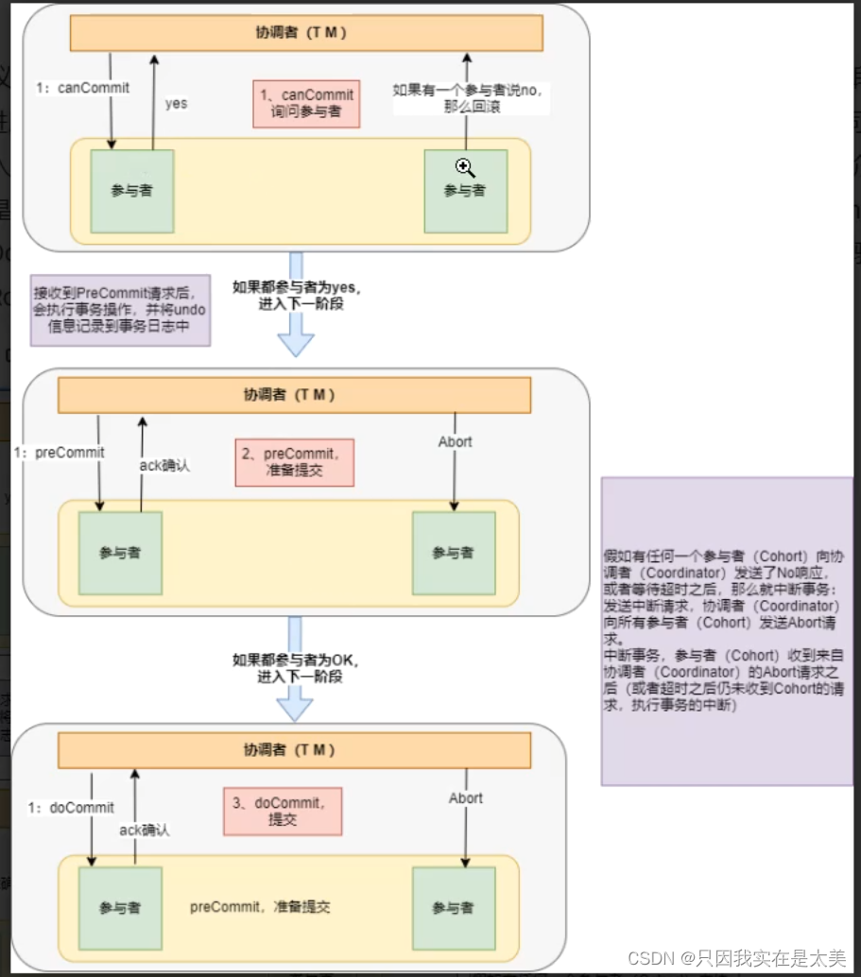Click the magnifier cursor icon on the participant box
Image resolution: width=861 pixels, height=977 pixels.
click(x=464, y=168)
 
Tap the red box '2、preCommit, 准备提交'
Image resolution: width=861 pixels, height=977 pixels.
click(x=295, y=462)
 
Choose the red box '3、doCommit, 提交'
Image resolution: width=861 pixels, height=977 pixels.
click(x=283, y=812)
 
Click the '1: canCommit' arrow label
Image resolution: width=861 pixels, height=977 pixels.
click(x=82, y=87)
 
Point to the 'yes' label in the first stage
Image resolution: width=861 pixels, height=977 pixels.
click(x=176, y=103)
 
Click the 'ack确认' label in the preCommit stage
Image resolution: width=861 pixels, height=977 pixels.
click(x=165, y=465)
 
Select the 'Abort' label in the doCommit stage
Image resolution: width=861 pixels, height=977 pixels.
click(x=465, y=798)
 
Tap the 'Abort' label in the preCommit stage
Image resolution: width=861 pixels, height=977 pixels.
click(x=455, y=441)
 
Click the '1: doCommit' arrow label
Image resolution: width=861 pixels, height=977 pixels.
click(x=71, y=808)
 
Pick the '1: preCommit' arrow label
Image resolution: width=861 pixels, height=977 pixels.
click(x=59, y=452)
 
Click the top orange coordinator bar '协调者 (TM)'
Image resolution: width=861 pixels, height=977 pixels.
click(x=307, y=32)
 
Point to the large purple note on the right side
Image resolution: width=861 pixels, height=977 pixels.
click(x=727, y=630)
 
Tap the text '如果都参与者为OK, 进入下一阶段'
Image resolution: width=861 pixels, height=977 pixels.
click(x=296, y=668)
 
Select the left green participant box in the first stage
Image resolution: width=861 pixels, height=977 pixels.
click(x=131, y=191)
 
